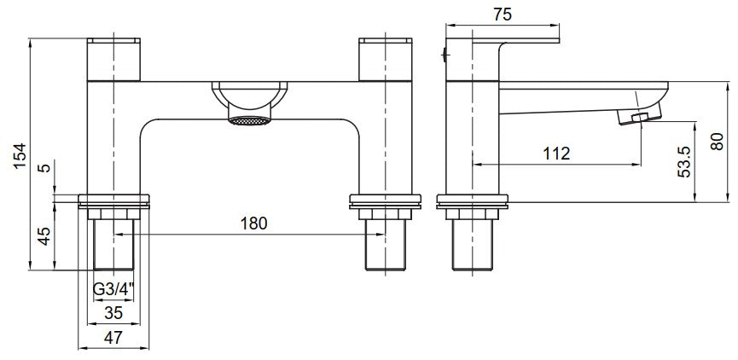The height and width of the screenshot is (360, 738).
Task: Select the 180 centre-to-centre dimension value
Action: click(x=254, y=224)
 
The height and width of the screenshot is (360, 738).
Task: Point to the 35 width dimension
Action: click(x=112, y=312)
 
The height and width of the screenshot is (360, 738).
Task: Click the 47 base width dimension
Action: click(x=112, y=338)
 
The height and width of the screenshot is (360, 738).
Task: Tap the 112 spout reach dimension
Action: click(x=556, y=153)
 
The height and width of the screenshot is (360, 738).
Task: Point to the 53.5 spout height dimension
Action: click(x=683, y=160)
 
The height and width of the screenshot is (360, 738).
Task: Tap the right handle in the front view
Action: click(x=384, y=58)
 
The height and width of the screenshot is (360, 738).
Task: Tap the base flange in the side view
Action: click(x=472, y=202)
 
